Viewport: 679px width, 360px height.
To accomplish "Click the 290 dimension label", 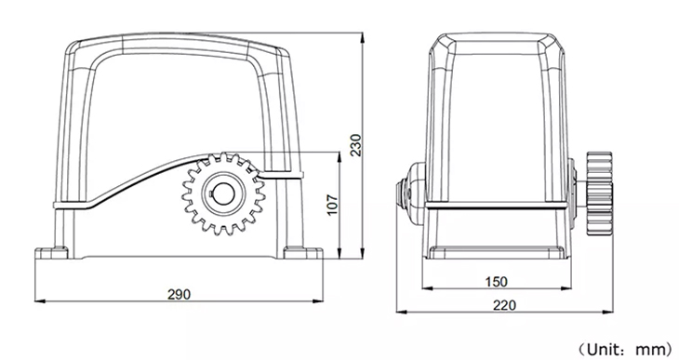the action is [179, 295].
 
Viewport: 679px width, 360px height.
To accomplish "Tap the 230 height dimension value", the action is [355, 145].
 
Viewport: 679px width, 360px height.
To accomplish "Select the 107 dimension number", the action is [332, 205].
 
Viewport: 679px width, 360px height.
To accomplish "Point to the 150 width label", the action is [496, 282].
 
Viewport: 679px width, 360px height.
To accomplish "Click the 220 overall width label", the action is [505, 305].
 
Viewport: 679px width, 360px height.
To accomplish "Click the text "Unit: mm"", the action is [626, 349].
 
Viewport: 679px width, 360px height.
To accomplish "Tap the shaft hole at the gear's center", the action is [223, 194].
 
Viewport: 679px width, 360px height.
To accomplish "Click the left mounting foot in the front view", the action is [51, 253].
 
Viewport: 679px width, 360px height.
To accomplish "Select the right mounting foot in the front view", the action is [302, 253].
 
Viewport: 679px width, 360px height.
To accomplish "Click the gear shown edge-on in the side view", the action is [599, 193].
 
